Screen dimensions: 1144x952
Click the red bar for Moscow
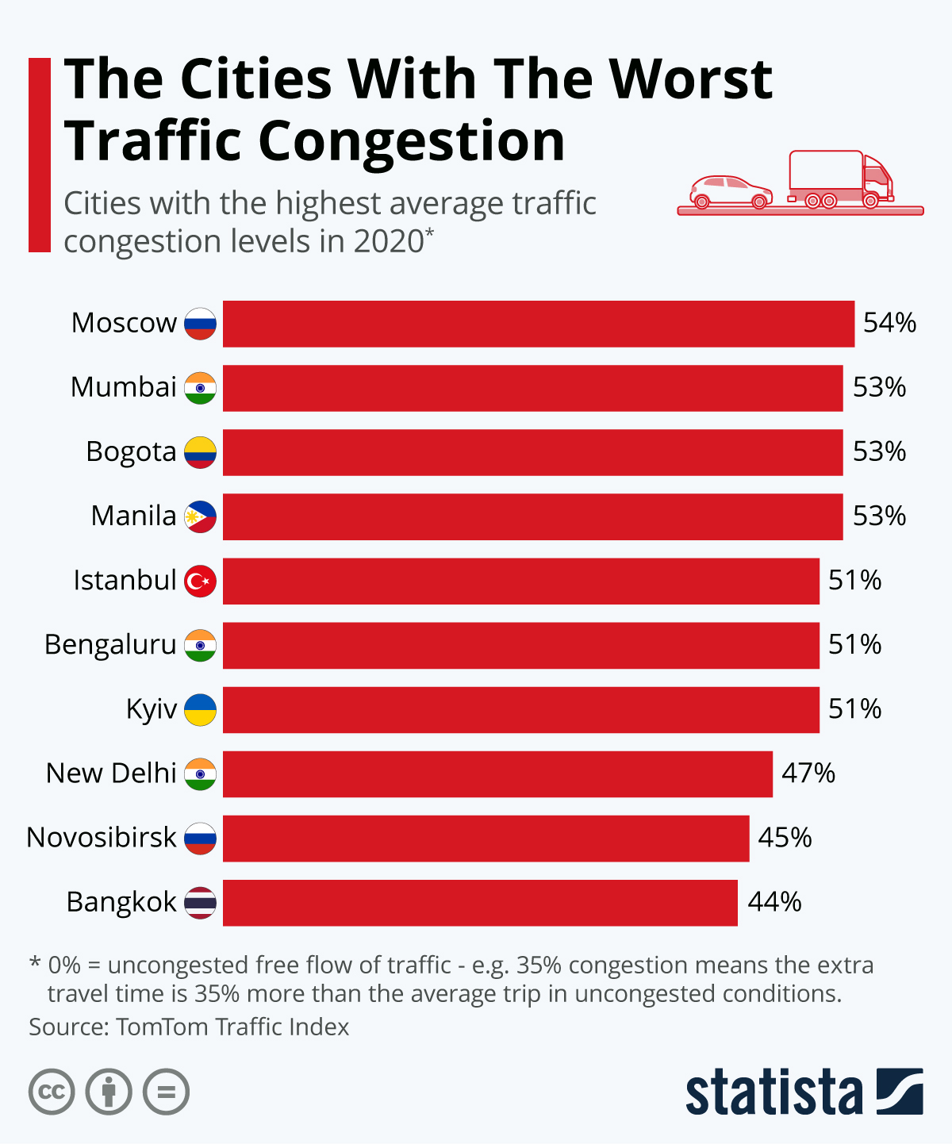[538, 324]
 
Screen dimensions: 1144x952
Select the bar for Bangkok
[480, 903]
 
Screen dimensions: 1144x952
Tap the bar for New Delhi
[497, 774]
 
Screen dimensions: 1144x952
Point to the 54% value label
[889, 324]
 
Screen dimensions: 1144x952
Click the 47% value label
[808, 774]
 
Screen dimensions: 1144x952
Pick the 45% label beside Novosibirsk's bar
[785, 838]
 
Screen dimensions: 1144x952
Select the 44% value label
[774, 903]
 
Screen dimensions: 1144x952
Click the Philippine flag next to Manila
[200, 516]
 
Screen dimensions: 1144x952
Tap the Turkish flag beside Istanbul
[200, 581]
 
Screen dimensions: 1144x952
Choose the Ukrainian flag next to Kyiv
[200, 709]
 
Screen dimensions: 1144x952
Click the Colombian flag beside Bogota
[200, 452]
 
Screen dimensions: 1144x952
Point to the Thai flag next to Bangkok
[200, 903]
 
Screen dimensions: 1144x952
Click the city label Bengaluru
[110, 645]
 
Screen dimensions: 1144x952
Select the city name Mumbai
[123, 387]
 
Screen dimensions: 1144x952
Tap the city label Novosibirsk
[102, 838]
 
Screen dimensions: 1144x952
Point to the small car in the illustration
[730, 192]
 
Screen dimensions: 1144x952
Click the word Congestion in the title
[411, 141]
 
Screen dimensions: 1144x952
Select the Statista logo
[804, 1092]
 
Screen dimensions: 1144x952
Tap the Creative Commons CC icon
[52, 1092]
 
